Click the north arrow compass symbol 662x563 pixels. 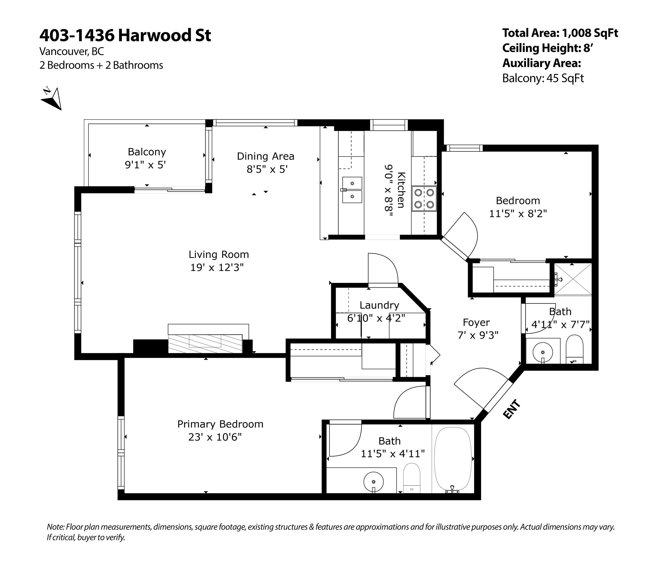click(x=52, y=98)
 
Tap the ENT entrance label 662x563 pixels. click(x=512, y=409)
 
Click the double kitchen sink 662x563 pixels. click(x=352, y=190)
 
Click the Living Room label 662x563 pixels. click(x=219, y=254)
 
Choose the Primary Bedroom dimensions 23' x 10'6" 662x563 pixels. click(x=215, y=437)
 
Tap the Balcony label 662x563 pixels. click(x=147, y=152)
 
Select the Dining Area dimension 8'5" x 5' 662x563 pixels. click(x=267, y=169)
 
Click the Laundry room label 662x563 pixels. click(x=379, y=305)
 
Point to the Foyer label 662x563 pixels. click(x=476, y=322)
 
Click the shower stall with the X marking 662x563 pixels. click(x=573, y=279)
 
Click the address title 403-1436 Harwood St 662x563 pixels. click(x=125, y=35)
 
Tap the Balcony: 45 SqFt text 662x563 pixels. click(x=543, y=78)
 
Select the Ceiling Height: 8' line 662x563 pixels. click(x=547, y=48)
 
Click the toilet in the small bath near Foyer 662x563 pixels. click(x=575, y=349)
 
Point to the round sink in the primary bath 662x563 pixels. click(x=374, y=482)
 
